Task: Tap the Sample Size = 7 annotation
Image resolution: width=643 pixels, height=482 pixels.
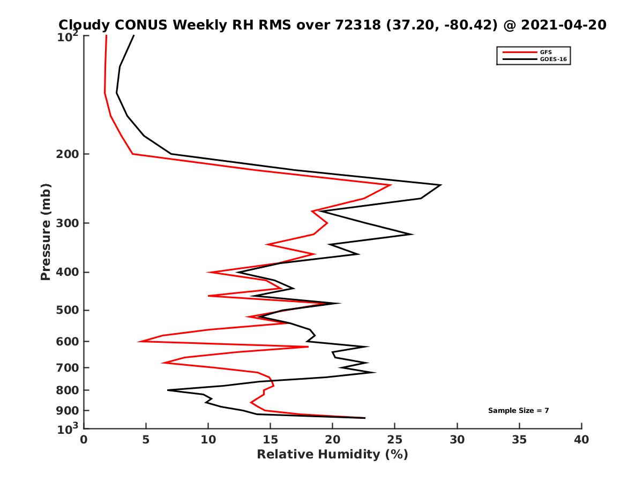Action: [x=518, y=411]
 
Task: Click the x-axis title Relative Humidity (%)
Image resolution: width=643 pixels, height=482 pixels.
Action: [x=332, y=455]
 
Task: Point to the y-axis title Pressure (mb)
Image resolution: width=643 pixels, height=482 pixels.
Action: [x=46, y=231]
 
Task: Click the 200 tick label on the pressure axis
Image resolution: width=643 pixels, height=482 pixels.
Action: [x=69, y=154]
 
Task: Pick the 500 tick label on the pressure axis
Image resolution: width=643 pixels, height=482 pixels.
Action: [x=69, y=310]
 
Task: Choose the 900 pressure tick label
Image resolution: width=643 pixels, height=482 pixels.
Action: [x=69, y=411]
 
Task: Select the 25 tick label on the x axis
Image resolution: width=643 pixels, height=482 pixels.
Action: [x=395, y=440]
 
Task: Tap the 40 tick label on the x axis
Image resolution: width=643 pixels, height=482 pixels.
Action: [x=581, y=440]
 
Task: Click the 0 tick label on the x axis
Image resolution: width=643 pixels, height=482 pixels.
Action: [x=84, y=440]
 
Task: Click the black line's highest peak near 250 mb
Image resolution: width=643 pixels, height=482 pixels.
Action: [x=440, y=185]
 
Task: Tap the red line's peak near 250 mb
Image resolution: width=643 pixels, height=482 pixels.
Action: [x=391, y=185]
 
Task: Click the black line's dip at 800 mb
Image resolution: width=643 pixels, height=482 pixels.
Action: [x=168, y=390]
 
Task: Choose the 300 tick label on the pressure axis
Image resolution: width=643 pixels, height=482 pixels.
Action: [x=69, y=223]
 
